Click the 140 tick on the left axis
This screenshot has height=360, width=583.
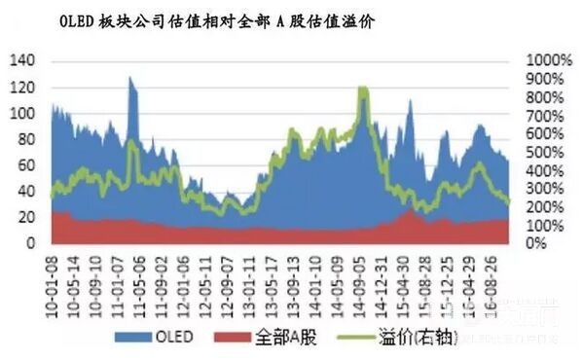[x=20, y=60]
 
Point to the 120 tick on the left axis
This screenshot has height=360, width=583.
[x=20, y=87]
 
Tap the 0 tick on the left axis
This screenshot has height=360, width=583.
[x=29, y=242]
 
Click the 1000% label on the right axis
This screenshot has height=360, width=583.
[x=546, y=60]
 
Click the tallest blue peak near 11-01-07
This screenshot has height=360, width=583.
[x=130, y=80]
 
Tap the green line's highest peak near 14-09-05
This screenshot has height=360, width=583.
[x=363, y=90]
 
